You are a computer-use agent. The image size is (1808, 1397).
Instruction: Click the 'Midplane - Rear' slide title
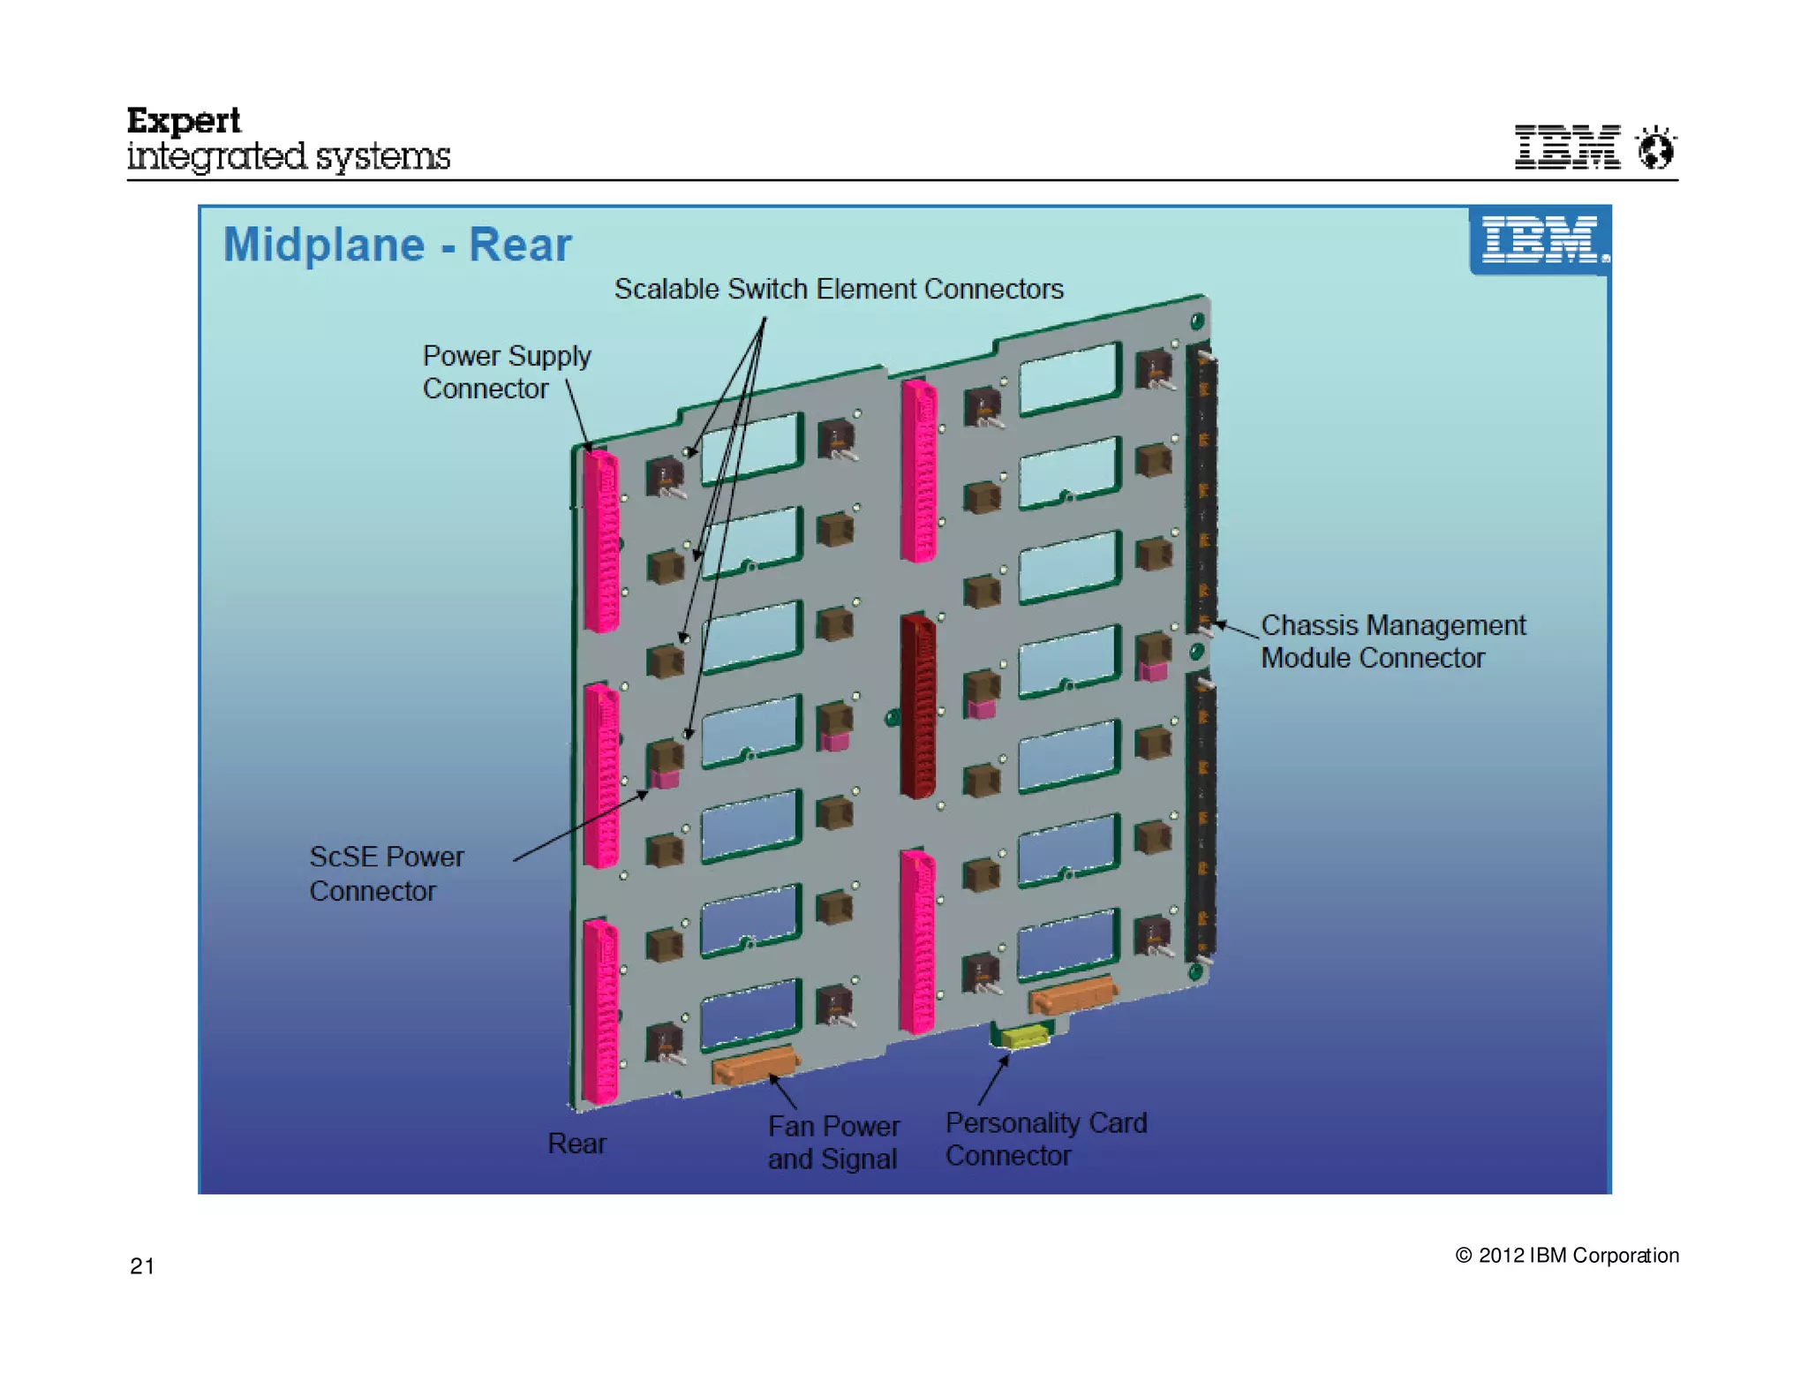point(396,245)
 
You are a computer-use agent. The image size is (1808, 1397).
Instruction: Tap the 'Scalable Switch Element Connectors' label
point(838,289)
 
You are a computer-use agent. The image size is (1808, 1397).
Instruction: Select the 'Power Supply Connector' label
point(506,372)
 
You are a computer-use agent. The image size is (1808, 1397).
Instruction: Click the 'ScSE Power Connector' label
point(386,873)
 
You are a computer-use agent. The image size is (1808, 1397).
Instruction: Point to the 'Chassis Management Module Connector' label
point(1392,641)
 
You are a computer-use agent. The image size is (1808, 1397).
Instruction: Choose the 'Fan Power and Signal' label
point(832,1142)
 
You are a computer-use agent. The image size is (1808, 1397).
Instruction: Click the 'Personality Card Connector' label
point(1045,1138)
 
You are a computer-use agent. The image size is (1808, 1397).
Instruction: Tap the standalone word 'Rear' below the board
point(576,1144)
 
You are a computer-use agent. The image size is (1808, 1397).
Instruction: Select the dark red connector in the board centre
point(918,706)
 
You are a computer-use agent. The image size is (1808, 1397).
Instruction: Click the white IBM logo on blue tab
point(1540,240)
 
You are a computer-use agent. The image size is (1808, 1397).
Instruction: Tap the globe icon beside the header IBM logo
point(1655,147)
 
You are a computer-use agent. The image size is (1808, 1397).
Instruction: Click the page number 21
point(142,1265)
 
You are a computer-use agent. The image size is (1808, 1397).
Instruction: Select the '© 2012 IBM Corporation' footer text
point(1566,1255)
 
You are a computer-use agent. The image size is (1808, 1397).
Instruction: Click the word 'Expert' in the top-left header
point(184,121)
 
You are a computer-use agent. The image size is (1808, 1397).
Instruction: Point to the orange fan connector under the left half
point(755,1066)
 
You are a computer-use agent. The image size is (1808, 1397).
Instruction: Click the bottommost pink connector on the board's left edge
point(600,1011)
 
